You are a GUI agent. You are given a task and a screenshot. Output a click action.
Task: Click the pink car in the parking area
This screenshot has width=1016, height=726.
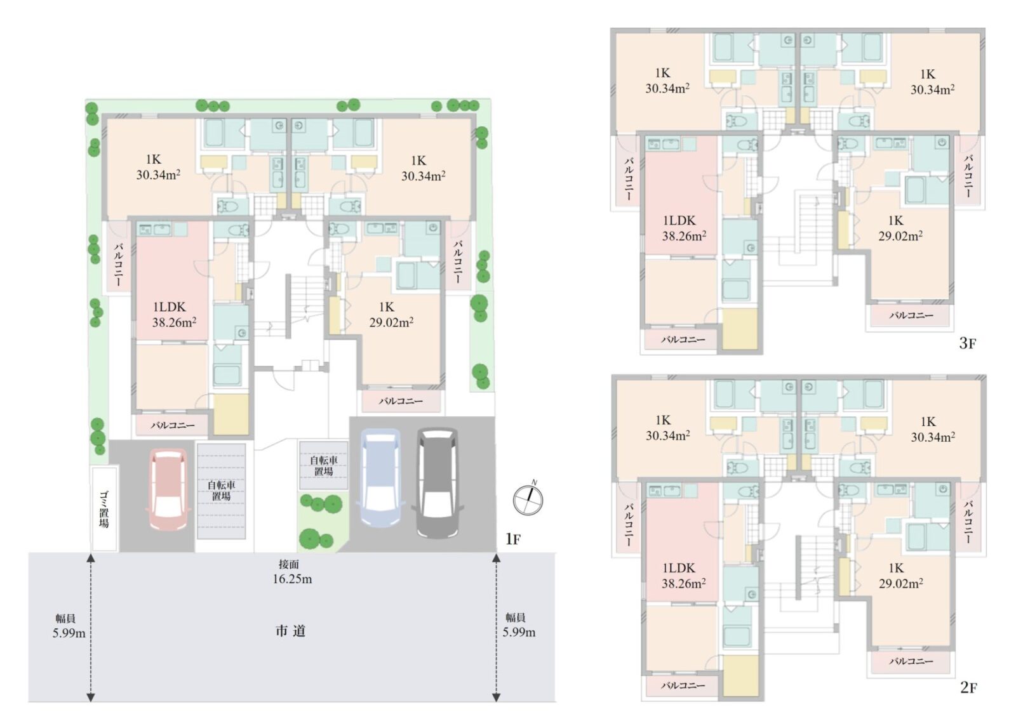click(168, 489)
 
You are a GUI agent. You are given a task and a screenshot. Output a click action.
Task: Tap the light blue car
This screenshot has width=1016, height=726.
click(380, 478)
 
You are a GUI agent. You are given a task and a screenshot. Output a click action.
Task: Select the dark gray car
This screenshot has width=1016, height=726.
click(438, 483)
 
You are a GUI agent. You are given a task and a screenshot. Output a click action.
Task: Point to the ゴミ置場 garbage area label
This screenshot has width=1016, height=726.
click(104, 510)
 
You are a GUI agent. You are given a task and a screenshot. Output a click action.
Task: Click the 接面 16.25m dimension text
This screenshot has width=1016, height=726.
click(292, 572)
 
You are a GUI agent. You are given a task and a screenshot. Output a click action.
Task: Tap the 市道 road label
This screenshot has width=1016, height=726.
click(290, 631)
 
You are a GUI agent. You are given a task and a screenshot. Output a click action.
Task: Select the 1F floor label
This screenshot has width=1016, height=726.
click(513, 539)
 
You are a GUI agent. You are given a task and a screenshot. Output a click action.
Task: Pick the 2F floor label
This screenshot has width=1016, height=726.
click(968, 687)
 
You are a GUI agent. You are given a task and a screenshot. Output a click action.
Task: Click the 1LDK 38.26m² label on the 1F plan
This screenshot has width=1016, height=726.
click(173, 315)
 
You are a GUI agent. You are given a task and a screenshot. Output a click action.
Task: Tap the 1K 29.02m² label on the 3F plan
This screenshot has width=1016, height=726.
click(900, 228)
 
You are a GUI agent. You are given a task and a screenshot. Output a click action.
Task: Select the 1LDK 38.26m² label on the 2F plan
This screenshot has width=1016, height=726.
click(683, 576)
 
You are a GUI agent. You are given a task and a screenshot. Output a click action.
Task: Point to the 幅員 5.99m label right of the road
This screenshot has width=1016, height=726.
click(518, 625)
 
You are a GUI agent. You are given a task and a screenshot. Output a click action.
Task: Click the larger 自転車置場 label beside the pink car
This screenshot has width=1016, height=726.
click(222, 491)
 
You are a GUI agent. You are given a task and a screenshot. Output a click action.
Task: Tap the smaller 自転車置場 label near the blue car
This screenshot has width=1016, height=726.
click(323, 466)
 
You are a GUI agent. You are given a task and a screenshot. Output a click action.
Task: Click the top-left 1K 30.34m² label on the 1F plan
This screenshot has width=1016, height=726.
click(158, 167)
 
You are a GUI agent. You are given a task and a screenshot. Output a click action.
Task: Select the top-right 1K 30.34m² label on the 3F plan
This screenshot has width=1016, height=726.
click(932, 82)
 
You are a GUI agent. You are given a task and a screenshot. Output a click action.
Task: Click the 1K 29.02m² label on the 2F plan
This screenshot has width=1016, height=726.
click(900, 575)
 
